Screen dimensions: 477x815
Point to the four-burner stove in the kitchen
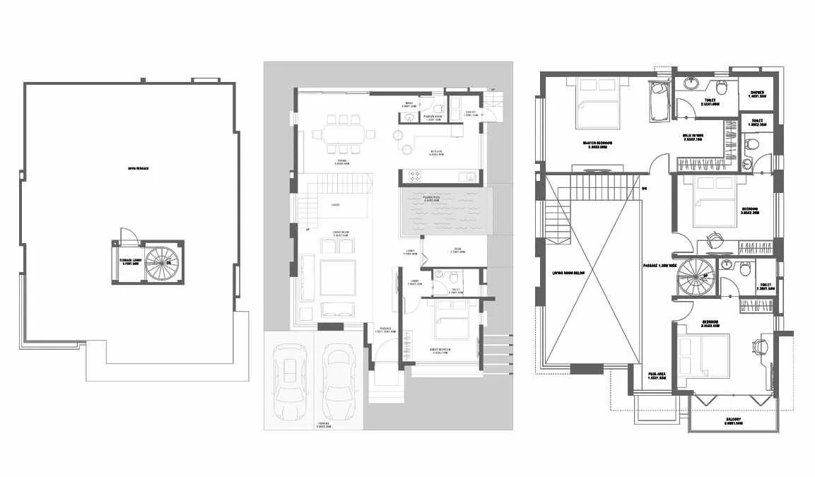(x=415, y=175)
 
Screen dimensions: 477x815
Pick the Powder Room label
(x=433, y=117)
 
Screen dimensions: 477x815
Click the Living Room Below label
(x=569, y=271)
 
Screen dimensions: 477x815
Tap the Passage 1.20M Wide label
(x=662, y=266)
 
